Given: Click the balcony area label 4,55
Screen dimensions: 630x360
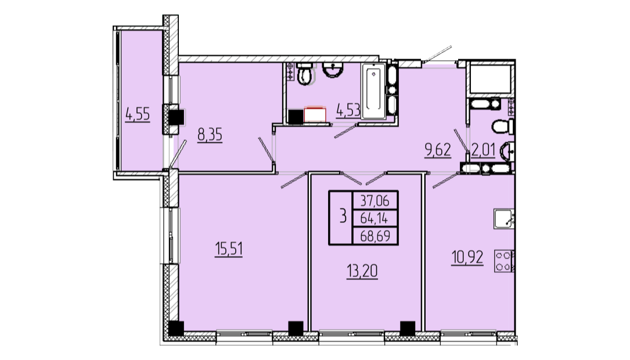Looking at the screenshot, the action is (x=138, y=114).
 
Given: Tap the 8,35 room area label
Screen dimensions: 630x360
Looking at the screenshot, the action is (x=210, y=135).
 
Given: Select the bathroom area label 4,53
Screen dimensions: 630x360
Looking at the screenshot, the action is (x=348, y=110).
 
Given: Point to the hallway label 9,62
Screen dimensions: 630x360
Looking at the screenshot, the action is (x=438, y=150).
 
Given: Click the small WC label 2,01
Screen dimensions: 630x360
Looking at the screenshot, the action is (x=483, y=150).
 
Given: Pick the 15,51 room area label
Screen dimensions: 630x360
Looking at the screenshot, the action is (x=229, y=250).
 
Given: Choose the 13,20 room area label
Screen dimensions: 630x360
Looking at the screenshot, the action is (x=362, y=271).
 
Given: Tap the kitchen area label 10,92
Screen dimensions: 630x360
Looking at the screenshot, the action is (x=467, y=257).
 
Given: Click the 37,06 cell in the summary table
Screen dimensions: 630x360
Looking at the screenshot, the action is (x=375, y=200).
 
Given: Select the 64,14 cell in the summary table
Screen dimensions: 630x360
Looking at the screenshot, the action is (x=375, y=218).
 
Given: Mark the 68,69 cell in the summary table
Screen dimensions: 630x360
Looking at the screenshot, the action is (x=375, y=235).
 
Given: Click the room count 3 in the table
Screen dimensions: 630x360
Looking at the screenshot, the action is (x=343, y=217).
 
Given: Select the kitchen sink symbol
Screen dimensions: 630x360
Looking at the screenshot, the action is (x=504, y=219).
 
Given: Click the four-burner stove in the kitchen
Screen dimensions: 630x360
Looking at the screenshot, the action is (x=504, y=261).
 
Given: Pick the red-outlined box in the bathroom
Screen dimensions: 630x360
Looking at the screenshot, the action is (x=315, y=114).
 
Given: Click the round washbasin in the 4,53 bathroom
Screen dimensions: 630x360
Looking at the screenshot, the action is (x=333, y=70).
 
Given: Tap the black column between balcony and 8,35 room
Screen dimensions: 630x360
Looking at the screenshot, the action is (x=175, y=118).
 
